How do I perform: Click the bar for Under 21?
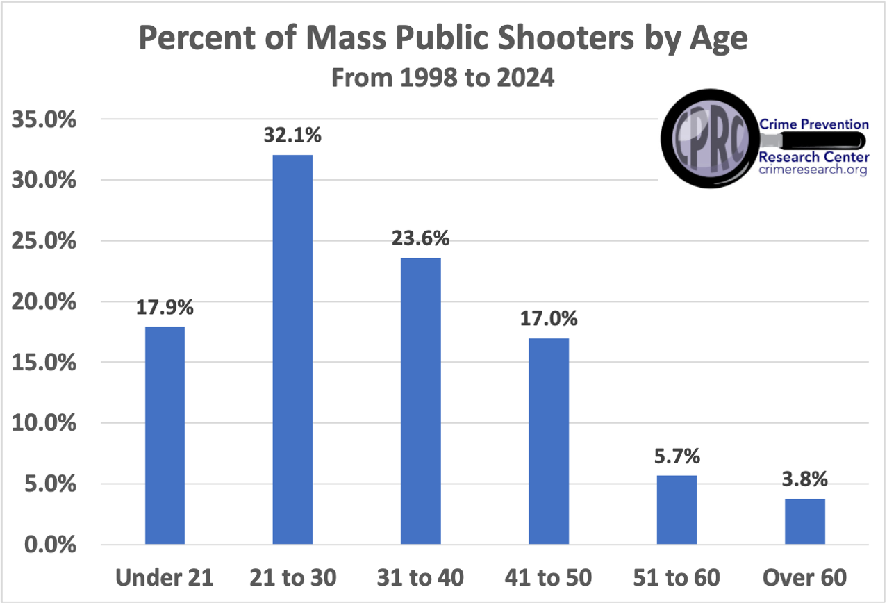click(165, 436)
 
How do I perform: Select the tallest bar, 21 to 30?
click(292, 349)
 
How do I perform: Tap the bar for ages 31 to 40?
click(420, 401)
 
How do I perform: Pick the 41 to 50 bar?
click(548, 441)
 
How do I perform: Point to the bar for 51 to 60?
click(676, 509)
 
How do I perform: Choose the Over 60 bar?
click(804, 521)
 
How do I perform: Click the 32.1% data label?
click(292, 135)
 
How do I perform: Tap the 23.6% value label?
click(420, 238)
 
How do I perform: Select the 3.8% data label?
click(804, 479)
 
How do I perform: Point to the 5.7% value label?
click(676, 456)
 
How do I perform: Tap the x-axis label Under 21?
click(165, 578)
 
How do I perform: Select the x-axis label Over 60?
click(804, 578)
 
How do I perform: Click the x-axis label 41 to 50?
click(548, 578)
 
